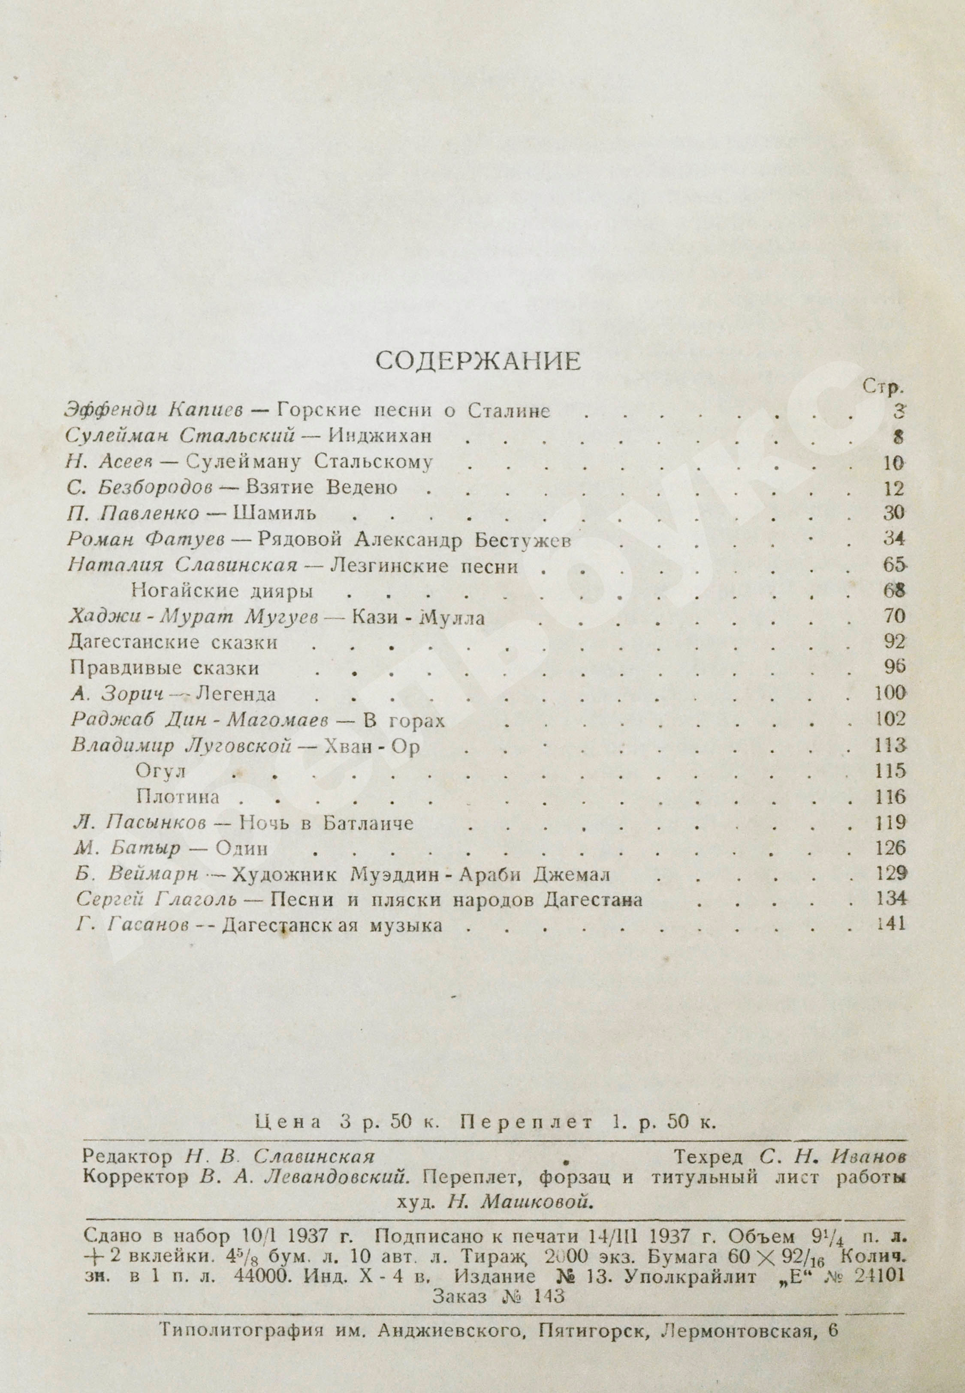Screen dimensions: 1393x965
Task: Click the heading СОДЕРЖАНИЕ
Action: tap(478, 361)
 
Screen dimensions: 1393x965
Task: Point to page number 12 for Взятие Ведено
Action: tap(893, 488)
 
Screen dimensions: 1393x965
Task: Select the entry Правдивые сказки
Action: tap(164, 668)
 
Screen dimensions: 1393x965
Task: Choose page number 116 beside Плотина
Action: tap(890, 797)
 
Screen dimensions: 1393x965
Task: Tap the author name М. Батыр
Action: tap(128, 849)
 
